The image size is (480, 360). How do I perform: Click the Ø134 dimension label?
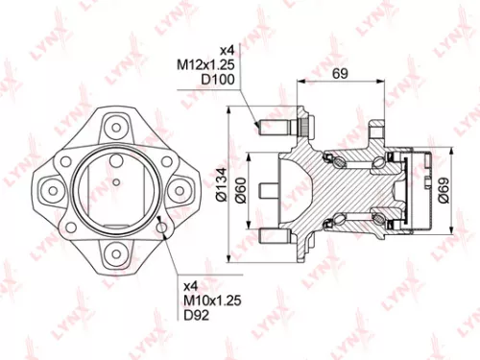220,183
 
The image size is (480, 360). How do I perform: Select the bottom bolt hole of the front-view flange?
115,251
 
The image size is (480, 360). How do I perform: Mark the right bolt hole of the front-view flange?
180,187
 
